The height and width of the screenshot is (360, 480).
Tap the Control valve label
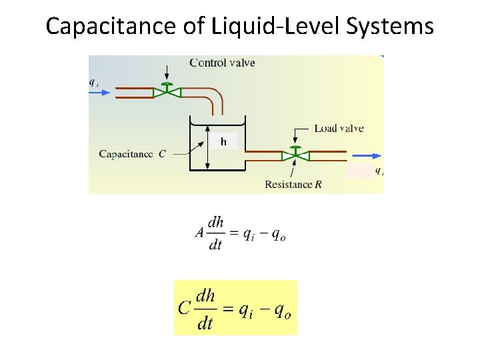[x=222, y=63]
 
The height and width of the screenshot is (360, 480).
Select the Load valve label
[x=339, y=128]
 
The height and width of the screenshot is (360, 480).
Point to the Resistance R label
[x=293, y=184]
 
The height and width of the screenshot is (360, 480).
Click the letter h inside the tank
[x=223, y=141]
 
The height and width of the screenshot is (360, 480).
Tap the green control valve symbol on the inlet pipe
[x=167, y=92]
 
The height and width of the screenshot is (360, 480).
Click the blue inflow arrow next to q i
[x=99, y=93]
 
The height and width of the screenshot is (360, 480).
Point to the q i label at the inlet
[x=94, y=83]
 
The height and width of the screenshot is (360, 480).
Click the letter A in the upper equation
[x=200, y=233]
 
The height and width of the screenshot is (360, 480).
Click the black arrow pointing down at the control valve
[x=167, y=75]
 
